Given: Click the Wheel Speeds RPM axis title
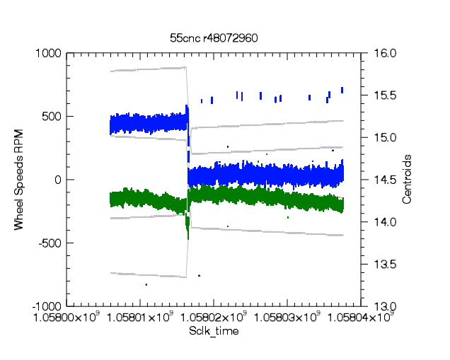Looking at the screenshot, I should [19, 180].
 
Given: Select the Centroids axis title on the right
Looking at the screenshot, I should [407, 180].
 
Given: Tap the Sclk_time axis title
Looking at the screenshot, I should [213, 331].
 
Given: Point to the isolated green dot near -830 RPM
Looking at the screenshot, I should [146, 284].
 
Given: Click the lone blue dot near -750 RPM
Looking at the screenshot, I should [200, 275].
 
